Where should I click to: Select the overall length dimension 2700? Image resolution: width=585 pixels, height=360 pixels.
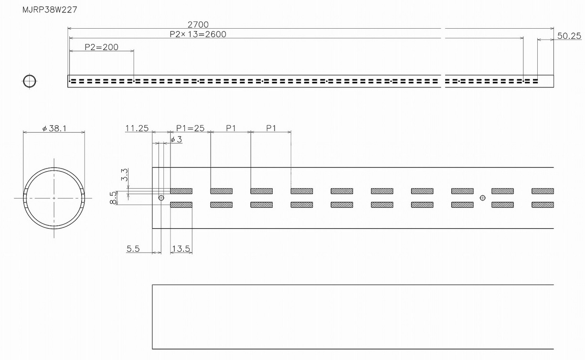198,24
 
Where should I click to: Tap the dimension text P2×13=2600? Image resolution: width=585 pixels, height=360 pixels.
198,34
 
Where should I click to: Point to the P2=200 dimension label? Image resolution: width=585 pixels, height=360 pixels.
101,47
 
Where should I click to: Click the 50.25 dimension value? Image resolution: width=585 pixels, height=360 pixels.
569,36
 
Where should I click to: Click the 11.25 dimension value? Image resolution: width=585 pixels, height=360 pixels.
137,128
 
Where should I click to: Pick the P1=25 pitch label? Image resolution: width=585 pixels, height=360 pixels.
190,128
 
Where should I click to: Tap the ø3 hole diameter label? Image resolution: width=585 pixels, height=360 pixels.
176,139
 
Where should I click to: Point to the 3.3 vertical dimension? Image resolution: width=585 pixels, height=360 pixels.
124,174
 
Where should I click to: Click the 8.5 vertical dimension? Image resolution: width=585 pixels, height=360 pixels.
112,197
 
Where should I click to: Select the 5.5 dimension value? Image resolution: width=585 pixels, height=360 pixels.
133,248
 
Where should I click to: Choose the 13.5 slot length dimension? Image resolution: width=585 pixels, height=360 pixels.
181,248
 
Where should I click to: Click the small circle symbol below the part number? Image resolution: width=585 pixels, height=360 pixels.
29,81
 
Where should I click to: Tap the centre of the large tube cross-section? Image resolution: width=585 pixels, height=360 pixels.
54,198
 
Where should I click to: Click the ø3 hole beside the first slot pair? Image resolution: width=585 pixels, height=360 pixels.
161,198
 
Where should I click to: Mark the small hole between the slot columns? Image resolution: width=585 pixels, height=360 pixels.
482,198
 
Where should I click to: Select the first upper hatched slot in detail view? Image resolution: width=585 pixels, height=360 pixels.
181,191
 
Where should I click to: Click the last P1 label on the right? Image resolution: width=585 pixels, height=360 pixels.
271,128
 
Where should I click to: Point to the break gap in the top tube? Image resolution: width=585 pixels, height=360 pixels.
442,81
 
